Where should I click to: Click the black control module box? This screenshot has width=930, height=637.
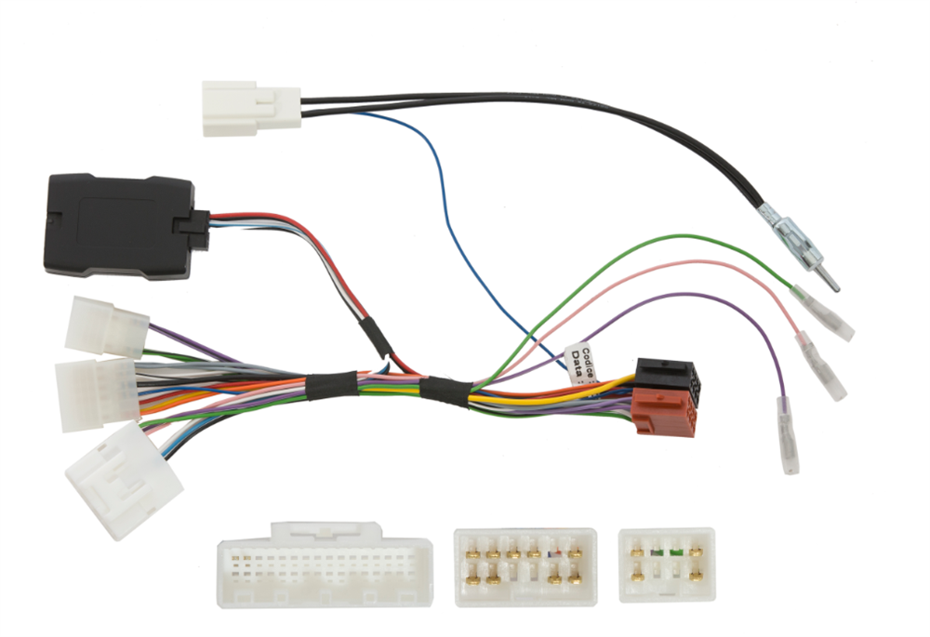click(x=119, y=225)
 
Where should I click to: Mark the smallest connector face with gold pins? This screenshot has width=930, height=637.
click(x=666, y=564)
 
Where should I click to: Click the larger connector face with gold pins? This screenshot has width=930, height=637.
click(x=525, y=565)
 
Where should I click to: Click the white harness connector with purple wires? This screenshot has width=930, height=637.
click(x=106, y=327)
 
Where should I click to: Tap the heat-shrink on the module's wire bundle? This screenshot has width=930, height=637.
click(x=370, y=333)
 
